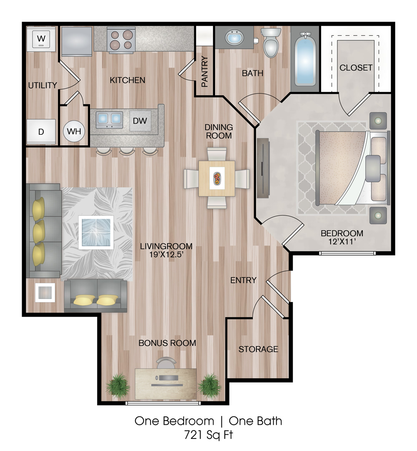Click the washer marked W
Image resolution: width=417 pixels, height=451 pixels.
[x=41, y=39]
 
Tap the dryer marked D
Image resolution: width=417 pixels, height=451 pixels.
[x=41, y=131]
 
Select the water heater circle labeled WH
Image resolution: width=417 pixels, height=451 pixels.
[x=74, y=131]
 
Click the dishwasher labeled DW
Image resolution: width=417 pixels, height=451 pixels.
[x=140, y=121]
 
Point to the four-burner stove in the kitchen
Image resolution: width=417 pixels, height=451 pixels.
[x=121, y=40]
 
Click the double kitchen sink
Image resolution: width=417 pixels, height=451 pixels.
[x=109, y=120]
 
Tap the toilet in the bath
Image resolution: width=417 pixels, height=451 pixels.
[x=271, y=42]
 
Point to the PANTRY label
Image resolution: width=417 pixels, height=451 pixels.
[x=204, y=72]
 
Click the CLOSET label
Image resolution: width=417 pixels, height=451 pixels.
[x=356, y=67]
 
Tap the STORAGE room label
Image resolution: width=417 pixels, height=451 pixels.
[x=258, y=349]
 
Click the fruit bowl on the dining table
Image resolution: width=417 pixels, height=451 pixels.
[x=217, y=178]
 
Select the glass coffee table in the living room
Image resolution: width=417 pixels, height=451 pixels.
[x=96, y=233]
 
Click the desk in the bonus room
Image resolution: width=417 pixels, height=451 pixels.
[x=166, y=384]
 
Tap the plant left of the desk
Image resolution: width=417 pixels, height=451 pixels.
[x=117, y=385]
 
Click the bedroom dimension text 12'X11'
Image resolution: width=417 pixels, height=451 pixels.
[x=342, y=242]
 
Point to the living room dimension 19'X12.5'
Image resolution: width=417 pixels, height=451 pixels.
[x=166, y=255]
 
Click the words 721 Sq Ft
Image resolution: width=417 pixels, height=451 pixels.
[x=208, y=435]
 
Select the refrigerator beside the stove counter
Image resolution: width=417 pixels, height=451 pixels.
[x=76, y=42]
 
